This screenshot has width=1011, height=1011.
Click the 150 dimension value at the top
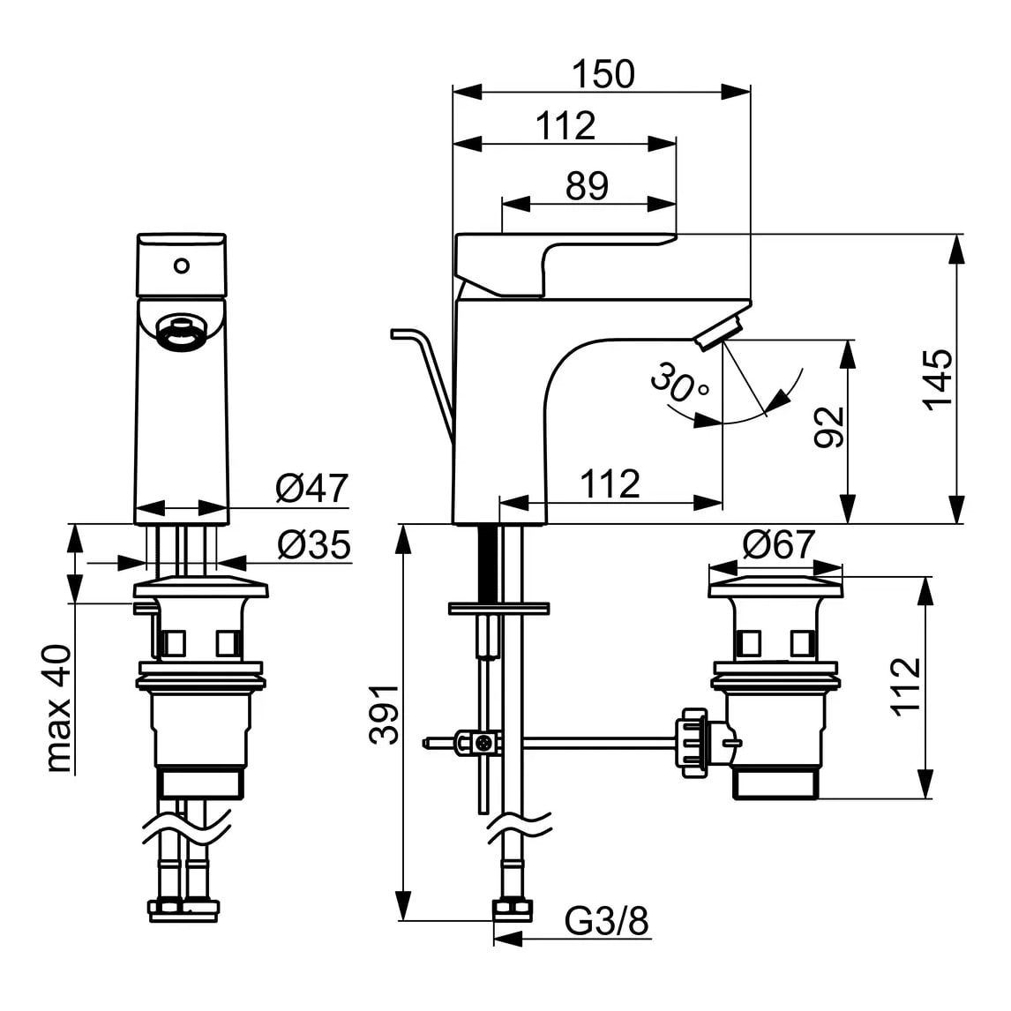[x=603, y=74]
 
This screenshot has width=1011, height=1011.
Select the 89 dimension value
[x=588, y=186]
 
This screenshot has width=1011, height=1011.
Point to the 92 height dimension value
[x=829, y=428]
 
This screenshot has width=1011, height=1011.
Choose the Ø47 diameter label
[x=311, y=488]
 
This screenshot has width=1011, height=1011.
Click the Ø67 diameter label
[x=778, y=545]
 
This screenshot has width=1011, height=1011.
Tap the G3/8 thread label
[x=607, y=923]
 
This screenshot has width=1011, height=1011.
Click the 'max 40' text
[x=58, y=708]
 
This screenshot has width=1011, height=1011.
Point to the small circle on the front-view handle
[x=182, y=265]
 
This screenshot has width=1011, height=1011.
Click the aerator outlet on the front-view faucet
[x=182, y=334]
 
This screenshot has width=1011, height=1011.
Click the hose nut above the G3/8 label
[x=511, y=910]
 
